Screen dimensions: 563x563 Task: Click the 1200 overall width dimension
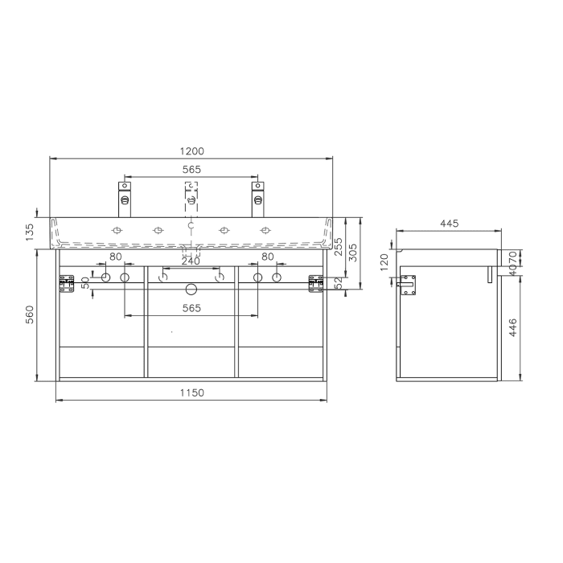tap(191, 150)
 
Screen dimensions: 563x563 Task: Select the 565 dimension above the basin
tap(191, 170)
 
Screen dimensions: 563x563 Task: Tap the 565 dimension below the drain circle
tap(191, 309)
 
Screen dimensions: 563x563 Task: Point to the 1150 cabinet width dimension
tap(191, 392)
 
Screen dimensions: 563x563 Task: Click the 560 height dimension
tap(30, 314)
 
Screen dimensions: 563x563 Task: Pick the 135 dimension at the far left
tap(30, 232)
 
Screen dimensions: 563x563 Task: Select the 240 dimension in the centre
tap(191, 261)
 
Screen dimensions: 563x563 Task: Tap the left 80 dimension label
tap(115, 257)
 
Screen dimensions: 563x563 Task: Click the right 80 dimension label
tap(267, 257)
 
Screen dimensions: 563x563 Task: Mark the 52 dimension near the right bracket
tap(339, 282)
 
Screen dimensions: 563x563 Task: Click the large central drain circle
tap(191, 289)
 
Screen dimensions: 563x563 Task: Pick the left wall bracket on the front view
tap(66, 283)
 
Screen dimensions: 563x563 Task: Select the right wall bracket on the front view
tap(316, 283)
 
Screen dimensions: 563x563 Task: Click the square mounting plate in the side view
tap(409, 285)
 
